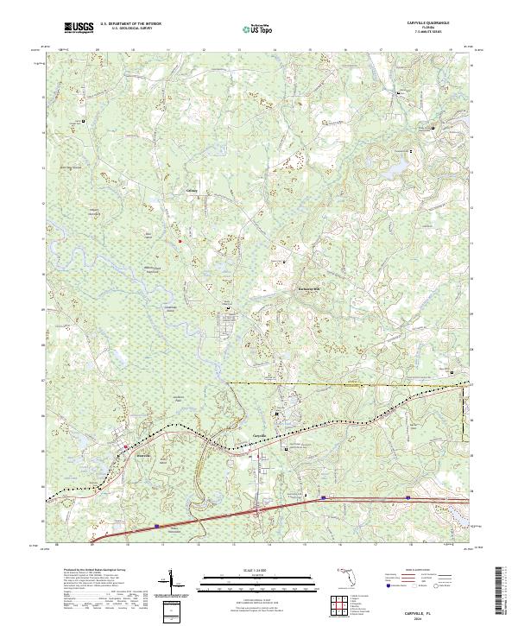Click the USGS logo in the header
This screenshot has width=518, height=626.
tap(79, 28)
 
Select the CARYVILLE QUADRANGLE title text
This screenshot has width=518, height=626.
tap(421, 23)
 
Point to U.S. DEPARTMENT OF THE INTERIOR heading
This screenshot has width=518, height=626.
tap(130, 24)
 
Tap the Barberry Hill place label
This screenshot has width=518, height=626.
tap(308, 288)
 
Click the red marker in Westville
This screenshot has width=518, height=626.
tap(126, 447)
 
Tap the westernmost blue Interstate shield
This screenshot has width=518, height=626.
tap(157, 524)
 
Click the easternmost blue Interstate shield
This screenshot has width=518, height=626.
tap(407, 498)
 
